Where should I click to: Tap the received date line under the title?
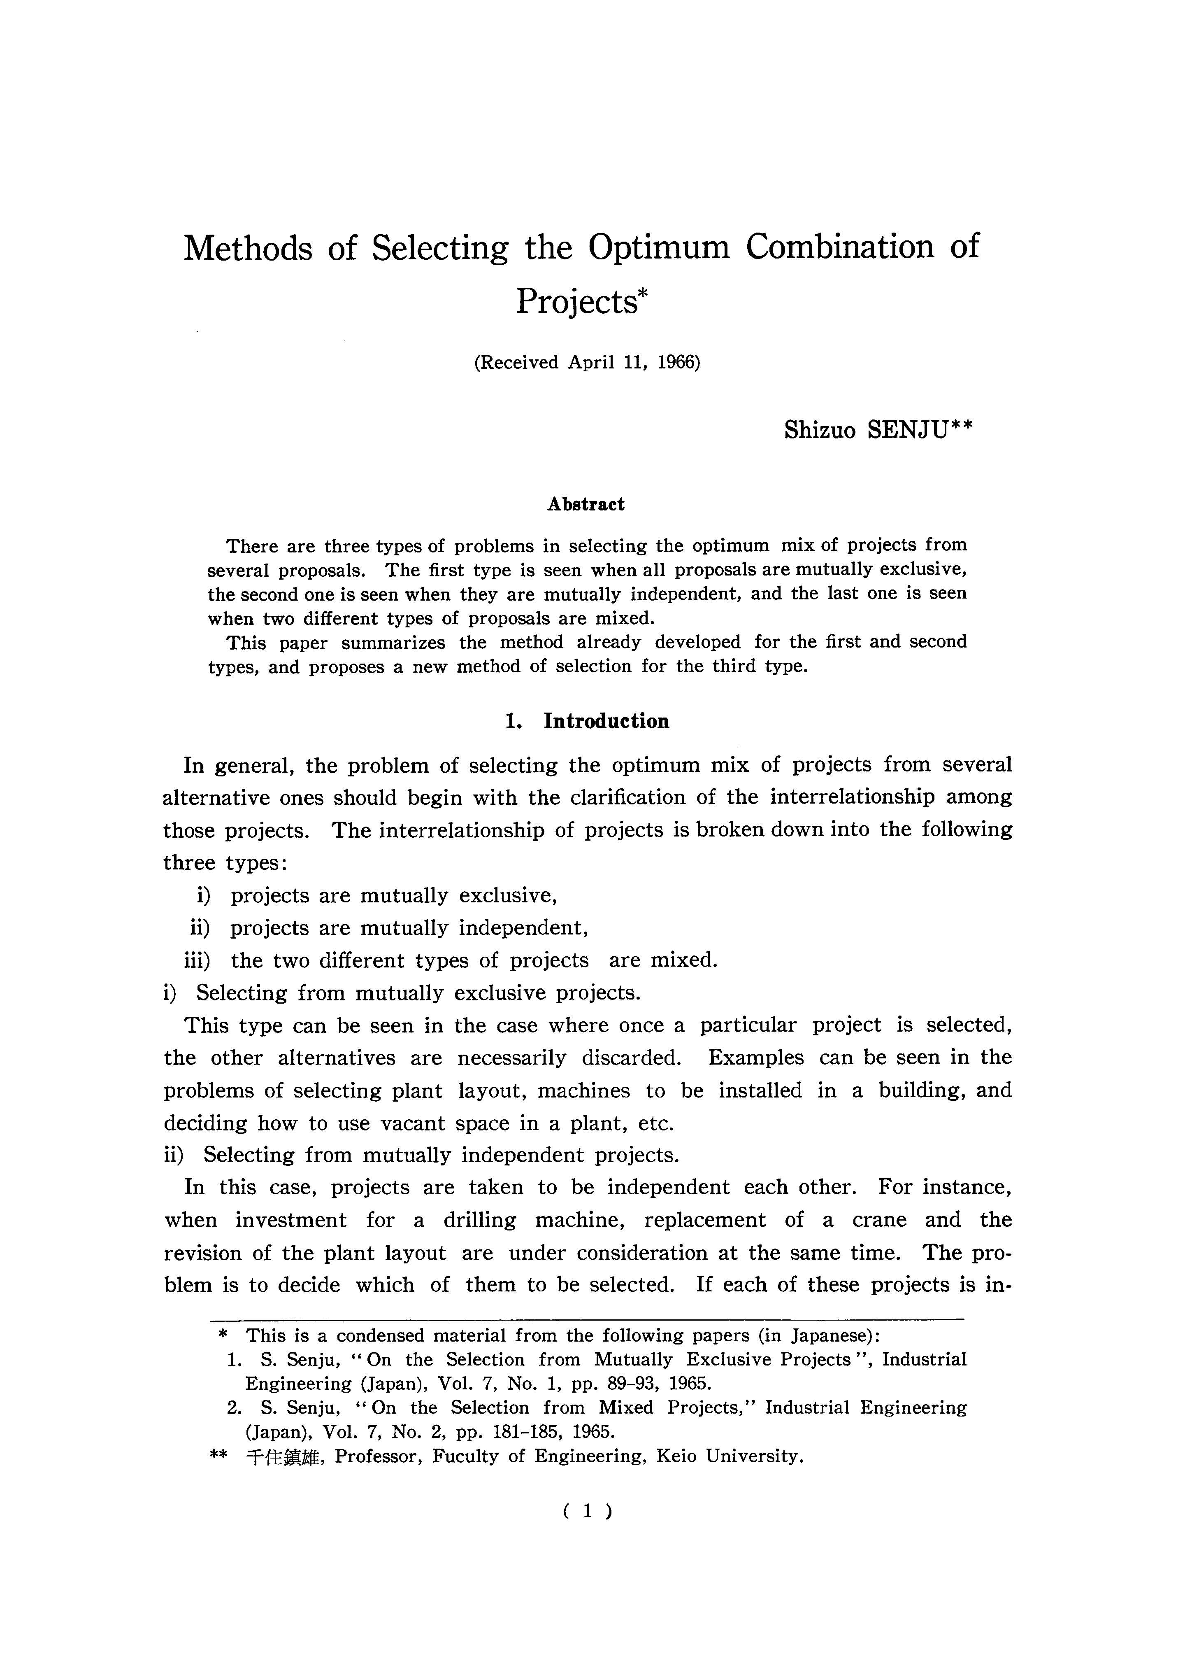[x=588, y=363]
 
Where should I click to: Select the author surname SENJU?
[x=908, y=431]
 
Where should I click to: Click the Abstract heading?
[x=586, y=504]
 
